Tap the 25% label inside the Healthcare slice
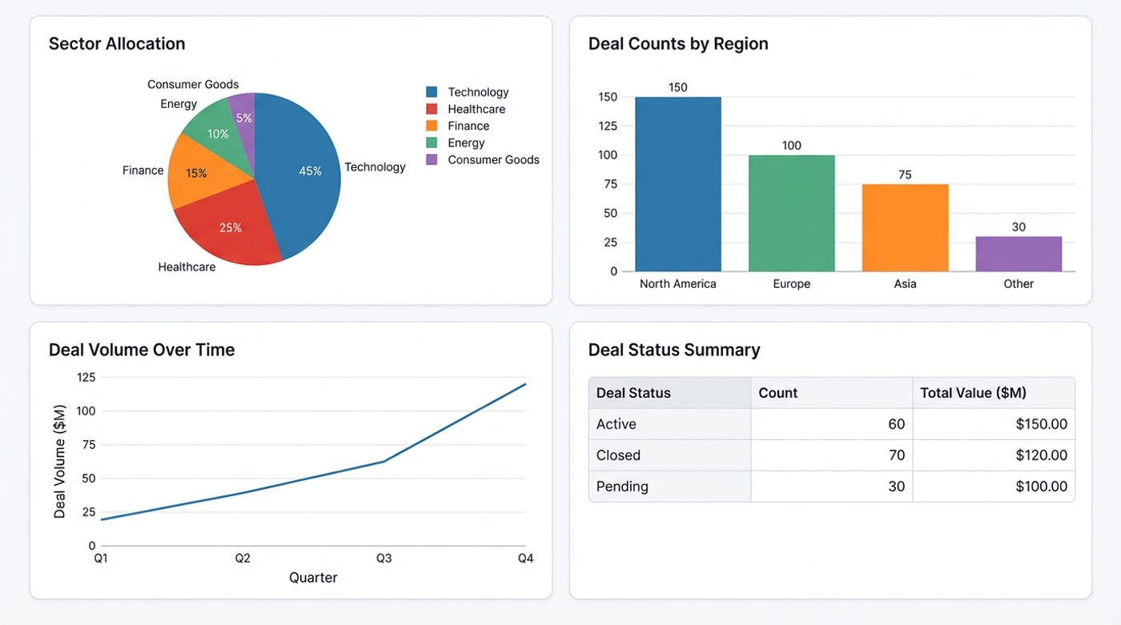pos(230,228)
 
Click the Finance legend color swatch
pos(432,126)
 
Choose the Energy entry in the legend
pos(466,143)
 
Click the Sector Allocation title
pos(117,44)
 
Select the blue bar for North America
pos(677,184)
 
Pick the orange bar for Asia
pos(905,228)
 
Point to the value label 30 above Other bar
pos(1019,227)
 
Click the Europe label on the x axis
pos(791,284)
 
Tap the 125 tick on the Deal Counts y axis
pos(608,126)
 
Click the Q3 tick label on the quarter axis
pos(384,559)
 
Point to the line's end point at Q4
pos(525,384)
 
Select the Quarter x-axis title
pos(313,578)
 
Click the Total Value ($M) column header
pos(973,393)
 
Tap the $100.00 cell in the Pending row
pos(1041,487)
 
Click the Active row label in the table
pos(617,424)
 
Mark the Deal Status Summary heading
pos(674,351)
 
